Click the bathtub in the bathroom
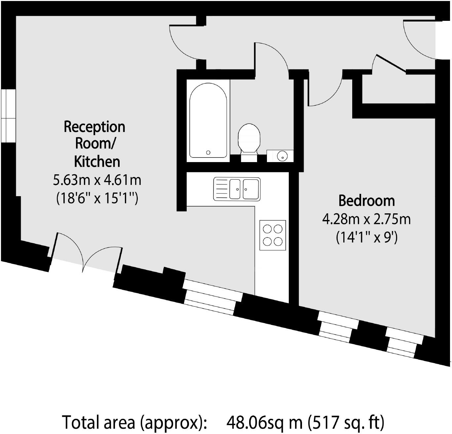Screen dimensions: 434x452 208,121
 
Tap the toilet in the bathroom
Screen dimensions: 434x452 249,139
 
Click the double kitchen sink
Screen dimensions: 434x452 237,189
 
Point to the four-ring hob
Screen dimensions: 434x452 273,235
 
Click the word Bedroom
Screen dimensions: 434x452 366,201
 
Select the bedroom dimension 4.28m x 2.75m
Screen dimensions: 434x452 366,219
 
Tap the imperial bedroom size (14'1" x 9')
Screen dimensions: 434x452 366,237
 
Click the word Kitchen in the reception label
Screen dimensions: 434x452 97,161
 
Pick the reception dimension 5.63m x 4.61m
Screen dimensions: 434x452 97,180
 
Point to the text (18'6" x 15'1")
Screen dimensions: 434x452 97,198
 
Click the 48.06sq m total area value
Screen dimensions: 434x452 264,422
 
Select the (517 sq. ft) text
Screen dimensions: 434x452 346,422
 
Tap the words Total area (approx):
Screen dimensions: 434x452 134,422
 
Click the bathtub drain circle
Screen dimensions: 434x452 208,152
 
